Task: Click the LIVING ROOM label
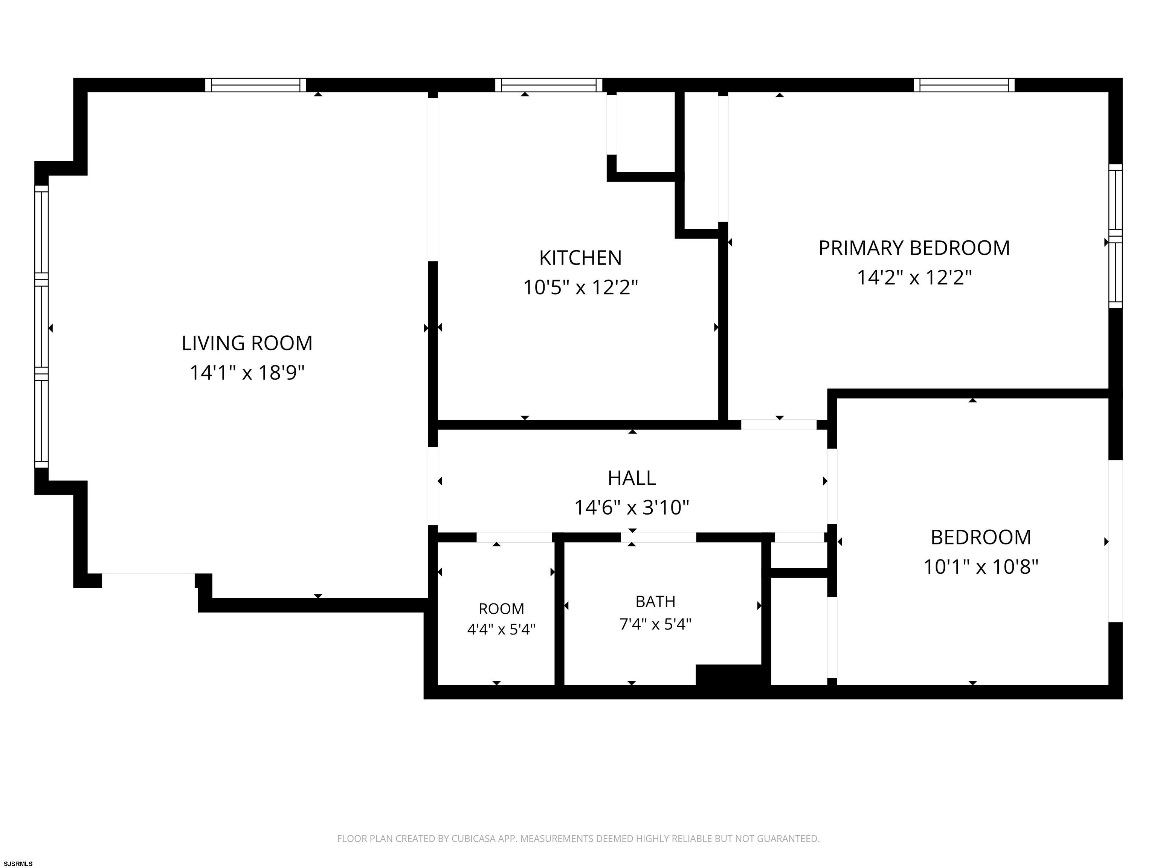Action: pos(247,343)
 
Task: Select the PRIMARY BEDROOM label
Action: pos(914,248)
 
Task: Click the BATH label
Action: pos(655,602)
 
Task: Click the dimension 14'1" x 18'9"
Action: pos(247,373)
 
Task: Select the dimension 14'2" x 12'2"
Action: pos(914,277)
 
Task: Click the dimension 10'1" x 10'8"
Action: pos(981,567)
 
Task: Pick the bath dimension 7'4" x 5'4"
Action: pos(655,624)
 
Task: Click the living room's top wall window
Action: pos(255,85)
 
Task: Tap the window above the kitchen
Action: pos(549,85)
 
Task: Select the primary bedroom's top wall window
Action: pos(964,85)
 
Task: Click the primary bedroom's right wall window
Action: pos(1116,236)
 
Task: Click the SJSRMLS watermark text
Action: pos(18,863)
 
